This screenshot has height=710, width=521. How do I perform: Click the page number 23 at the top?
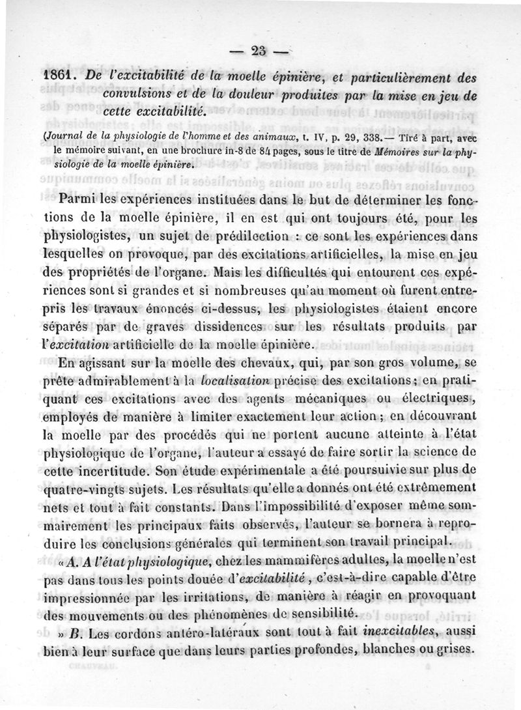[260, 51]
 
